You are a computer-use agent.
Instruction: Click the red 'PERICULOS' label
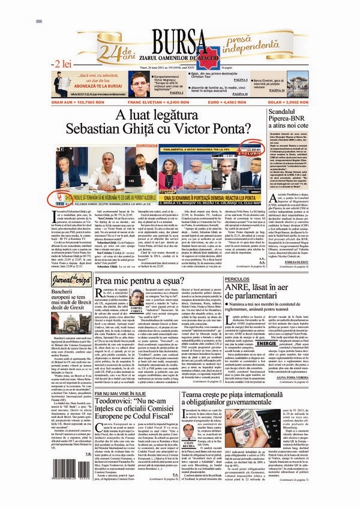point(240,279)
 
